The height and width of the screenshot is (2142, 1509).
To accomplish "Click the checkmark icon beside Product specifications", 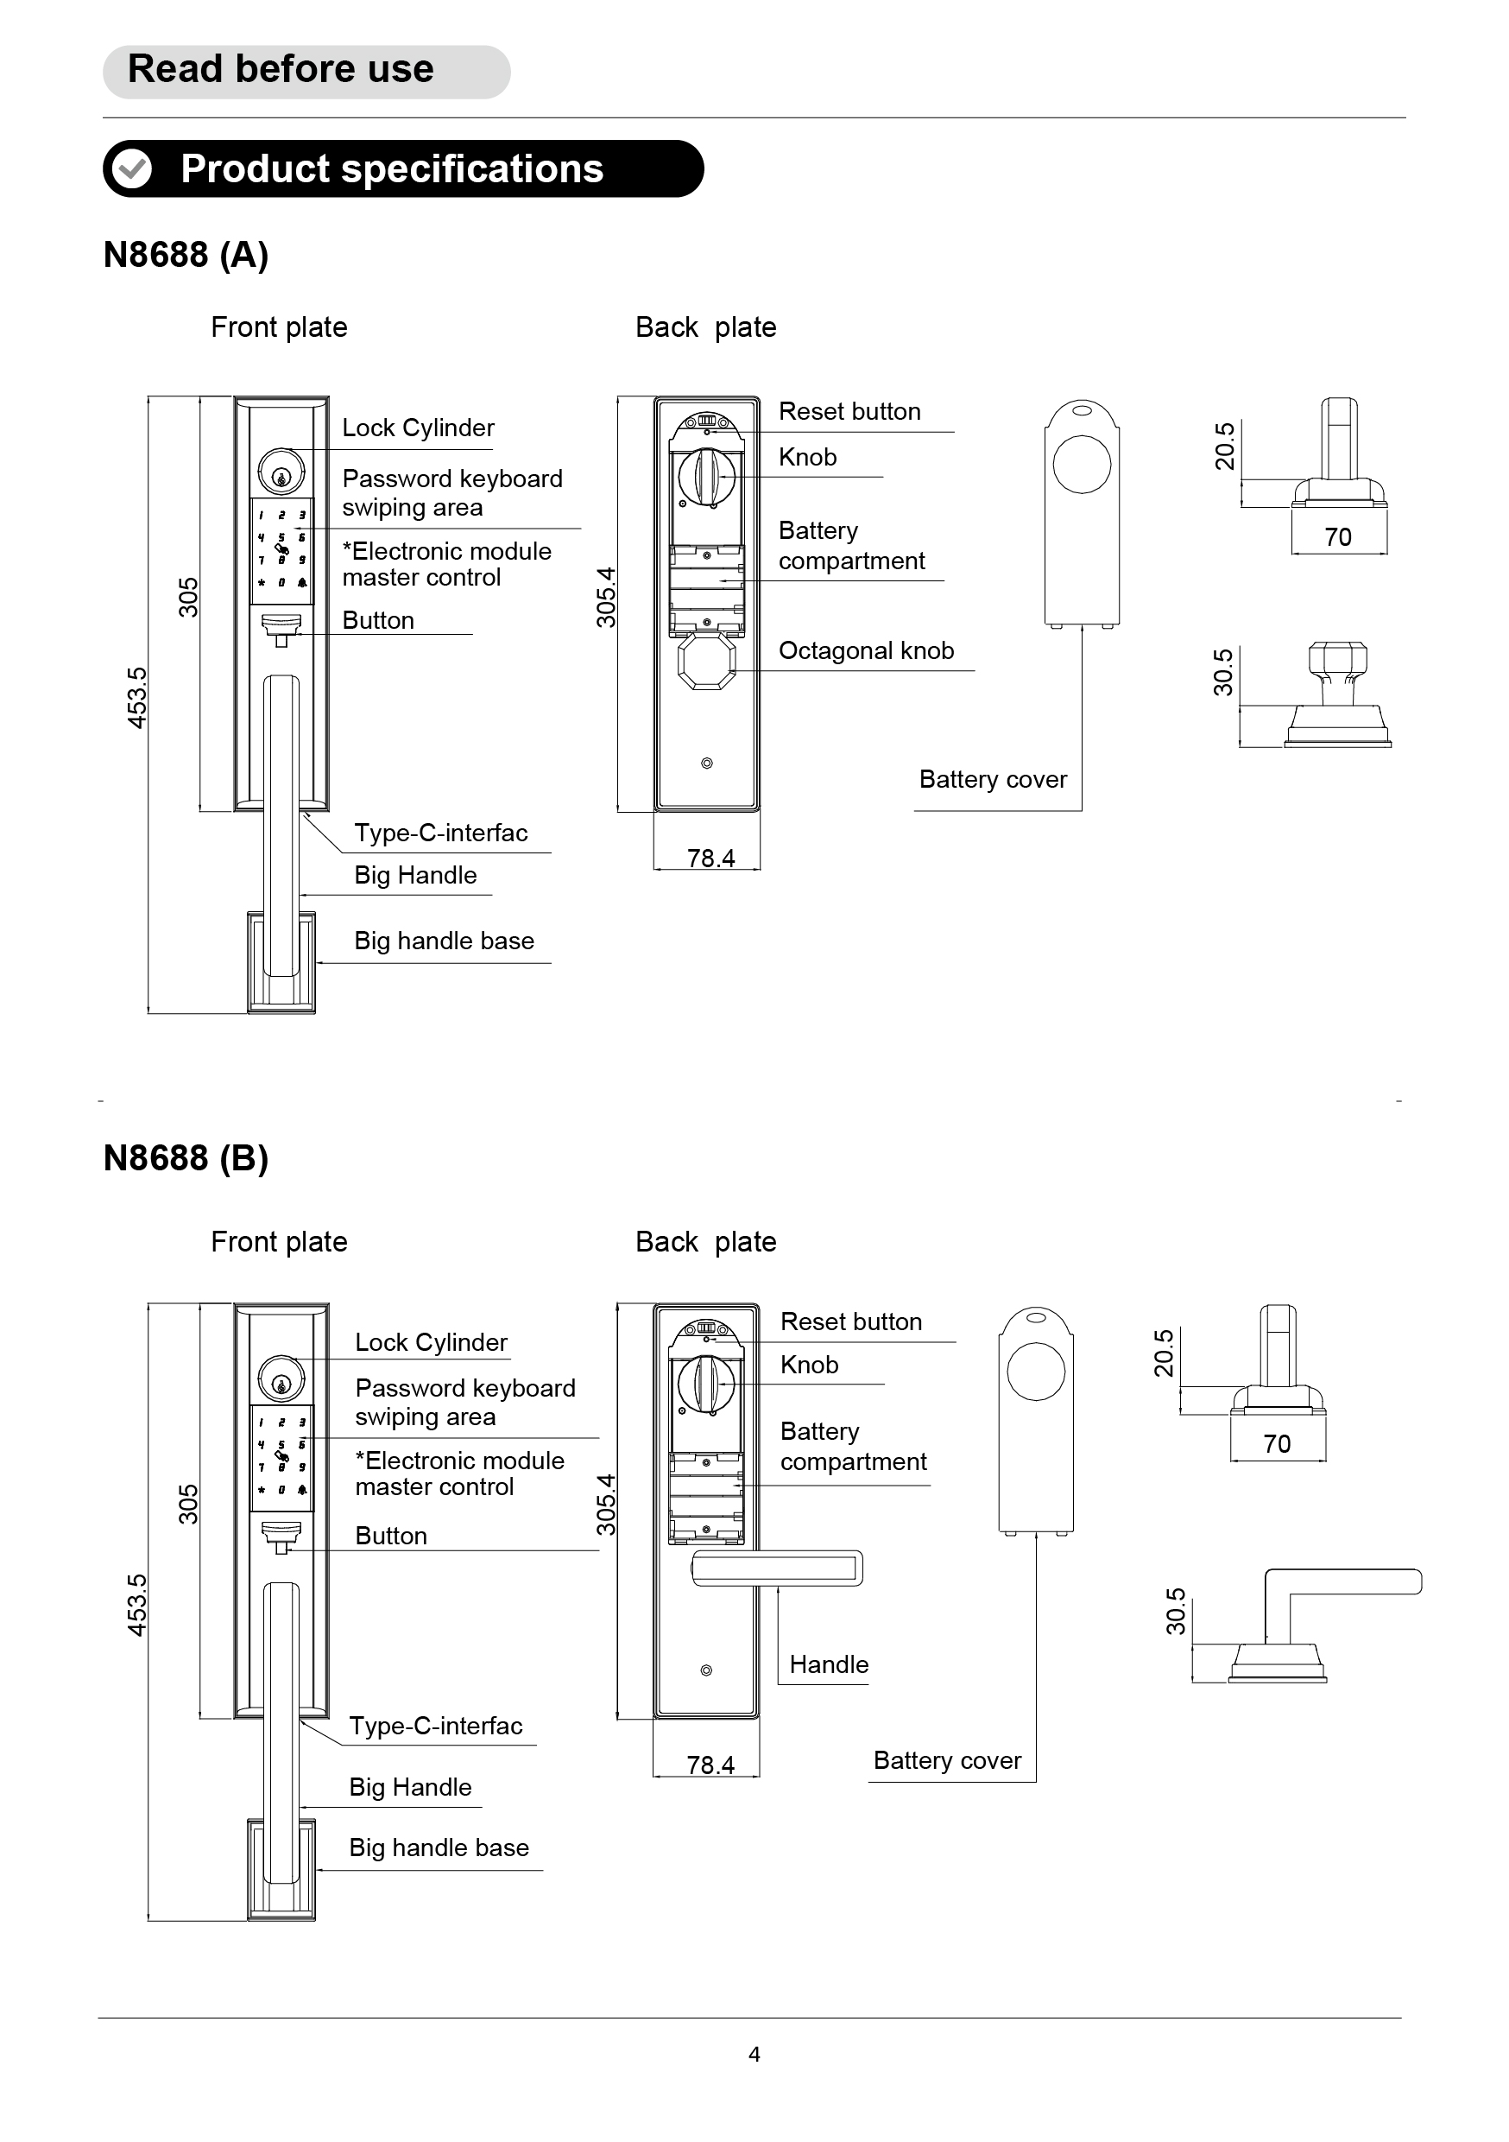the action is click(131, 169).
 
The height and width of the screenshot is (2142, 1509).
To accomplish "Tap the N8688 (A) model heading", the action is click(186, 255).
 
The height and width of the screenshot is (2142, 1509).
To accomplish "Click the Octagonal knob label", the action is click(867, 650).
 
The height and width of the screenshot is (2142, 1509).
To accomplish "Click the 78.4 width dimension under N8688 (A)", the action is click(710, 859).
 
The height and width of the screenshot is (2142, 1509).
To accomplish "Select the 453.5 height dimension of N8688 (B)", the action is click(137, 1605).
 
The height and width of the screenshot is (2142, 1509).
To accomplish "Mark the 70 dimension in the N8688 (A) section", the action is click(1338, 537).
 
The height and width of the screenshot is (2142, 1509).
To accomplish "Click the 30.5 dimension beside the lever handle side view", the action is click(1176, 1611).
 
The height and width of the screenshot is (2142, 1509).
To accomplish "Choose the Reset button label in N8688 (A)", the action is click(849, 411).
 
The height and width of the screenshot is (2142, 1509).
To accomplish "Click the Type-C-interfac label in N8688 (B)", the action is click(436, 1726).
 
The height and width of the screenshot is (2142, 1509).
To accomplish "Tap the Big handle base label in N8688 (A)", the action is click(444, 941).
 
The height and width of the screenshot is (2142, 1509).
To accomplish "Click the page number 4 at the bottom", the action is click(754, 2054).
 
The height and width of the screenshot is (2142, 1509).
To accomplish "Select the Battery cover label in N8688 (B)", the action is click(948, 1760).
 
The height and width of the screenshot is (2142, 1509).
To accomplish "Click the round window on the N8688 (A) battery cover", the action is click(1082, 465).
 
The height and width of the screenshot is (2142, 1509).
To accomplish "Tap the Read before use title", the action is click(281, 69).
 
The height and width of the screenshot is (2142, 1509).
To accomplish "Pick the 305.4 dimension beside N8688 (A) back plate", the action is click(606, 597).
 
